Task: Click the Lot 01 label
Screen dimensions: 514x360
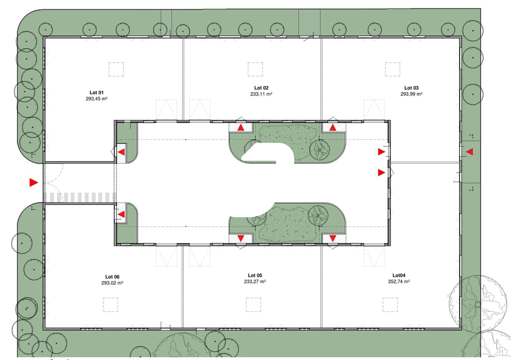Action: (96, 93)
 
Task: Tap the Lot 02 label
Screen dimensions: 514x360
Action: (261, 88)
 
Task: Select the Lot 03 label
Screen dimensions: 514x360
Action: (411, 88)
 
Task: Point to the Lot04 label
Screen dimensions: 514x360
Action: (399, 275)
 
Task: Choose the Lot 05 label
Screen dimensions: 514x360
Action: (255, 275)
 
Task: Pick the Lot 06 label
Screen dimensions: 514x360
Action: (112, 277)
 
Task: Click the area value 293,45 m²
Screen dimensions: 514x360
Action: (97, 98)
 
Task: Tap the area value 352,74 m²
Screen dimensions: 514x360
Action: (399, 281)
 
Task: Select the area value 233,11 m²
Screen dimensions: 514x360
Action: (261, 94)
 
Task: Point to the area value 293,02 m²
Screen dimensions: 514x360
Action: (112, 283)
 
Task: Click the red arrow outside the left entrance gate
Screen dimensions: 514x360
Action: (33, 183)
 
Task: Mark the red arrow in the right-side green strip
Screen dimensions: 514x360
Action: (469, 151)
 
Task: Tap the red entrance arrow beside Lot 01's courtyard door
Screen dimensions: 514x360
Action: (121, 152)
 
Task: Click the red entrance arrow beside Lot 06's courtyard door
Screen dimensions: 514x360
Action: (121, 214)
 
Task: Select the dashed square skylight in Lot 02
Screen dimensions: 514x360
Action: (255, 69)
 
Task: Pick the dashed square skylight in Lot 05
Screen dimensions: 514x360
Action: (253, 305)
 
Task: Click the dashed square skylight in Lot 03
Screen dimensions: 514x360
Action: (393, 69)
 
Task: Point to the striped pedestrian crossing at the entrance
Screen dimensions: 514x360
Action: (80, 197)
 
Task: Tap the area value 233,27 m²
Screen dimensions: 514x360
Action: (255, 281)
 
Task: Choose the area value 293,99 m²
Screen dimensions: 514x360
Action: (411, 94)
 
